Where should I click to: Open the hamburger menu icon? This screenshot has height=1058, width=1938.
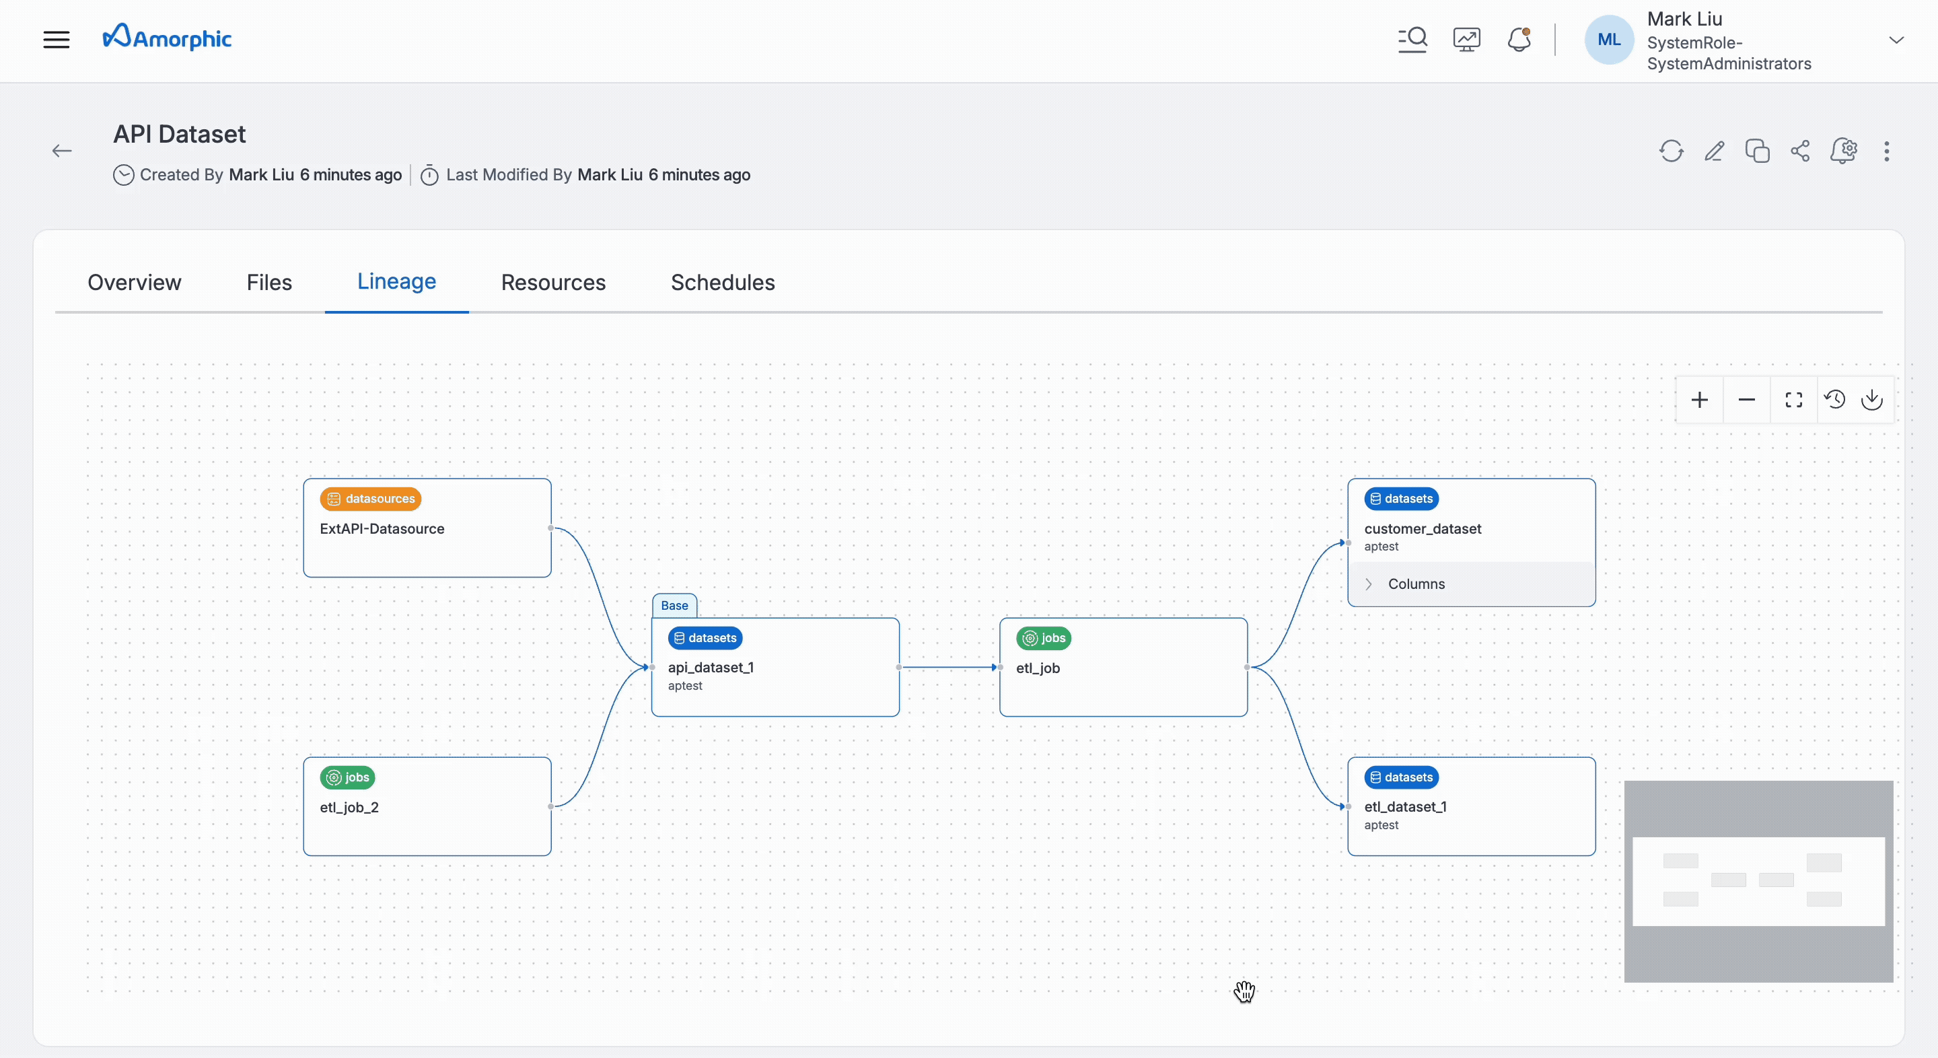pyautogui.click(x=57, y=39)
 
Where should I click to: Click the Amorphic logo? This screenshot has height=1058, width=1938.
pyautogui.click(x=167, y=38)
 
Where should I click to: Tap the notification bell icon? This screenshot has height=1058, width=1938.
pyautogui.click(x=1519, y=39)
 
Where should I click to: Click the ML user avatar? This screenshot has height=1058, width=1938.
pyautogui.click(x=1608, y=40)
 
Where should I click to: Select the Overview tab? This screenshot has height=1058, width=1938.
pyautogui.click(x=135, y=282)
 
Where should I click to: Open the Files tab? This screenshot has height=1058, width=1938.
pyautogui.click(x=269, y=282)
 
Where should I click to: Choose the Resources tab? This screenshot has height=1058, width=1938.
pyautogui.click(x=553, y=282)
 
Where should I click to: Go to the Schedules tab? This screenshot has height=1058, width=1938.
pyautogui.click(x=722, y=282)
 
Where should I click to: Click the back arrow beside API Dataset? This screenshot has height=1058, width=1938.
pyautogui.click(x=63, y=151)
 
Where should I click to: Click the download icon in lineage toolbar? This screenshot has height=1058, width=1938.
pyautogui.click(x=1872, y=400)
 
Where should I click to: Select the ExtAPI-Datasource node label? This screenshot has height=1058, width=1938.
pyautogui.click(x=382, y=529)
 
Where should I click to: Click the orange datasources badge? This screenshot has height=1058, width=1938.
pyautogui.click(x=371, y=499)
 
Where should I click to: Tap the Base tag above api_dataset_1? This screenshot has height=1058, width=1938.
pyautogui.click(x=674, y=606)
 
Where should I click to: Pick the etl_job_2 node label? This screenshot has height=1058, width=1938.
pyautogui.click(x=349, y=808)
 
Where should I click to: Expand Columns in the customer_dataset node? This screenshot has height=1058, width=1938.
pyautogui.click(x=1369, y=584)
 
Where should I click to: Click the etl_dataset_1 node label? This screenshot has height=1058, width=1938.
pyautogui.click(x=1404, y=807)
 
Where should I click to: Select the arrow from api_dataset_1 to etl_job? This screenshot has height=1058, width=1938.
pyautogui.click(x=949, y=668)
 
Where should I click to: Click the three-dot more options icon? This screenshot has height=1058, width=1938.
pyautogui.click(x=1886, y=151)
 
